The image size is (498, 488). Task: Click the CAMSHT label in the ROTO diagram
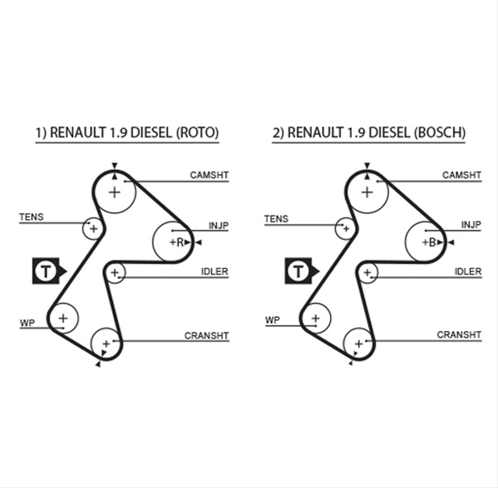tap(209, 175)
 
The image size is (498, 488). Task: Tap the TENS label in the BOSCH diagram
tap(276, 219)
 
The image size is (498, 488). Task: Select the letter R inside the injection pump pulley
tap(180, 242)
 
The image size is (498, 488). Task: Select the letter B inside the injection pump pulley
tap(433, 242)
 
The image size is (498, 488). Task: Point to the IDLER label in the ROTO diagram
tap(215, 271)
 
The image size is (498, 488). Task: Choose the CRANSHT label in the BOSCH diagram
tap(459, 335)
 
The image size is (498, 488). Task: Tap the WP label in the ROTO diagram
tap(27, 323)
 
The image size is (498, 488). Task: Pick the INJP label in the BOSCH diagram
tap(472, 225)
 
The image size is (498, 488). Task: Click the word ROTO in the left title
tap(198, 133)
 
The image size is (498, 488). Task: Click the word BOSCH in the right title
tap(440, 133)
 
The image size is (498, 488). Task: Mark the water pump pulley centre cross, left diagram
tap(63, 318)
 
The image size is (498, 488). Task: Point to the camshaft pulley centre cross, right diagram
tap(367, 192)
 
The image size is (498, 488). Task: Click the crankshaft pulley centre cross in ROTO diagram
tap(106, 343)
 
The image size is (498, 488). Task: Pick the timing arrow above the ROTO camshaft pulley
tap(114, 166)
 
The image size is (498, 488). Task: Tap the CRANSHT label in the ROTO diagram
tap(206, 336)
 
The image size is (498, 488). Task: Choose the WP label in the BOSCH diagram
tap(272, 320)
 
